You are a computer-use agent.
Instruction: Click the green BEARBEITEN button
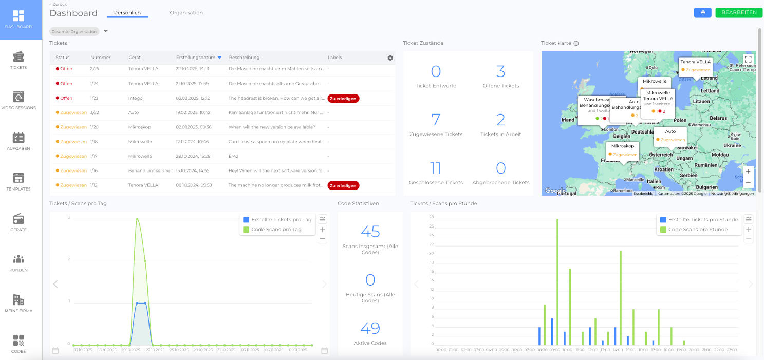point(739,13)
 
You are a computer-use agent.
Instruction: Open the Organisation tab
point(186,13)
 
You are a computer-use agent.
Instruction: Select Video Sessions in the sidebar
point(18,101)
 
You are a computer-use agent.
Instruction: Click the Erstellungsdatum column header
point(196,58)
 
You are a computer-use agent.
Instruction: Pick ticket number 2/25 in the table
point(95,69)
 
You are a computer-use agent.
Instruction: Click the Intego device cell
point(135,98)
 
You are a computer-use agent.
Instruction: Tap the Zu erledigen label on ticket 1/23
point(343,98)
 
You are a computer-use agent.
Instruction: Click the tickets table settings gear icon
point(390,58)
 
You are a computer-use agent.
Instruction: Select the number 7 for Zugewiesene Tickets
point(436,120)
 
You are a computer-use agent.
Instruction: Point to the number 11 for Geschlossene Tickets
point(436,168)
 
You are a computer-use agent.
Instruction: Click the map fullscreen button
point(748,59)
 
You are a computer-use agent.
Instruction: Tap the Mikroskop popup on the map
point(622,150)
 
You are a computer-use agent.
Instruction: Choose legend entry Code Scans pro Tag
point(276,230)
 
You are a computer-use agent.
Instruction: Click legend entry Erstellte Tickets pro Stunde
point(699,220)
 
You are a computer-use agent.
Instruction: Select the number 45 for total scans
point(370,232)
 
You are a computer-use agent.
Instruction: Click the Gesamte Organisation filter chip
point(74,32)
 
